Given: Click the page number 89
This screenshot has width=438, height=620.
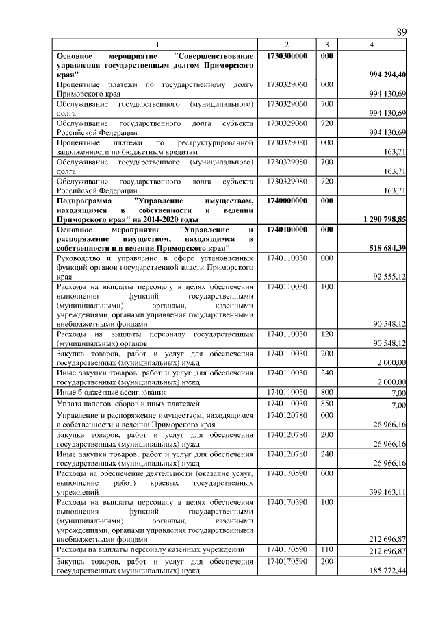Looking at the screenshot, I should tap(402, 32).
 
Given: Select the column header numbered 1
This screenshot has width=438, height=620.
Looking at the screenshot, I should tap(157, 45).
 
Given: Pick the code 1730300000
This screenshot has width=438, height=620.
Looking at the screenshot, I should tap(287, 55).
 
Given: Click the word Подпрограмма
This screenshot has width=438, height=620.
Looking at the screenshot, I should tap(84, 200).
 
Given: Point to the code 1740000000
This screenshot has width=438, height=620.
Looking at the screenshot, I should tap(287, 200).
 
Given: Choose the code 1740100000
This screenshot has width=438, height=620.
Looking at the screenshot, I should tap(287, 230).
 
